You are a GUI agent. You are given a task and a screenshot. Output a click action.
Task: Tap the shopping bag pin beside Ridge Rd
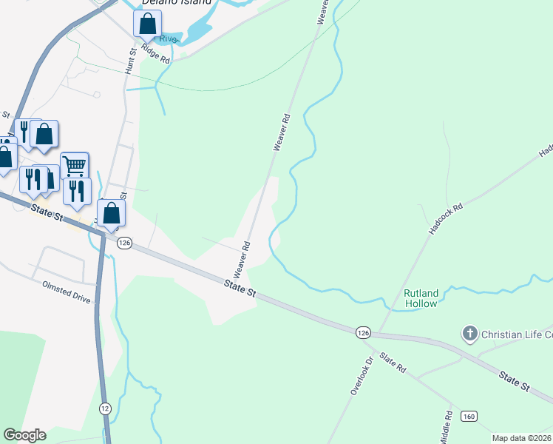pos(147,24)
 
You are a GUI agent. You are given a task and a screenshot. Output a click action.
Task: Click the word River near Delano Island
pos(169,38)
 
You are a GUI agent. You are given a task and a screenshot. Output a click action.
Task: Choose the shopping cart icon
pos(75,165)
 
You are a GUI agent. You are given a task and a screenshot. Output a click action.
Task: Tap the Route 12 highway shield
pos(105,408)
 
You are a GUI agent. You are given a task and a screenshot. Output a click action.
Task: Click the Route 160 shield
pos(468,417)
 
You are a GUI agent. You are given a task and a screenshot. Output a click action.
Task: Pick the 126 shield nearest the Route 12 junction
pos(124,243)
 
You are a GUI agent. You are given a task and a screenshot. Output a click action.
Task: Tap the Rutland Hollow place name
pos(421,297)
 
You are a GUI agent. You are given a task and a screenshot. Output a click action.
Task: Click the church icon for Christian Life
pos(469,334)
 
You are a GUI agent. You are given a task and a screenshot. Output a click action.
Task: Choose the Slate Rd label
pos(393,362)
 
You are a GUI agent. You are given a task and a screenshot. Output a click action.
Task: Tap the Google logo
pos(24,435)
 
